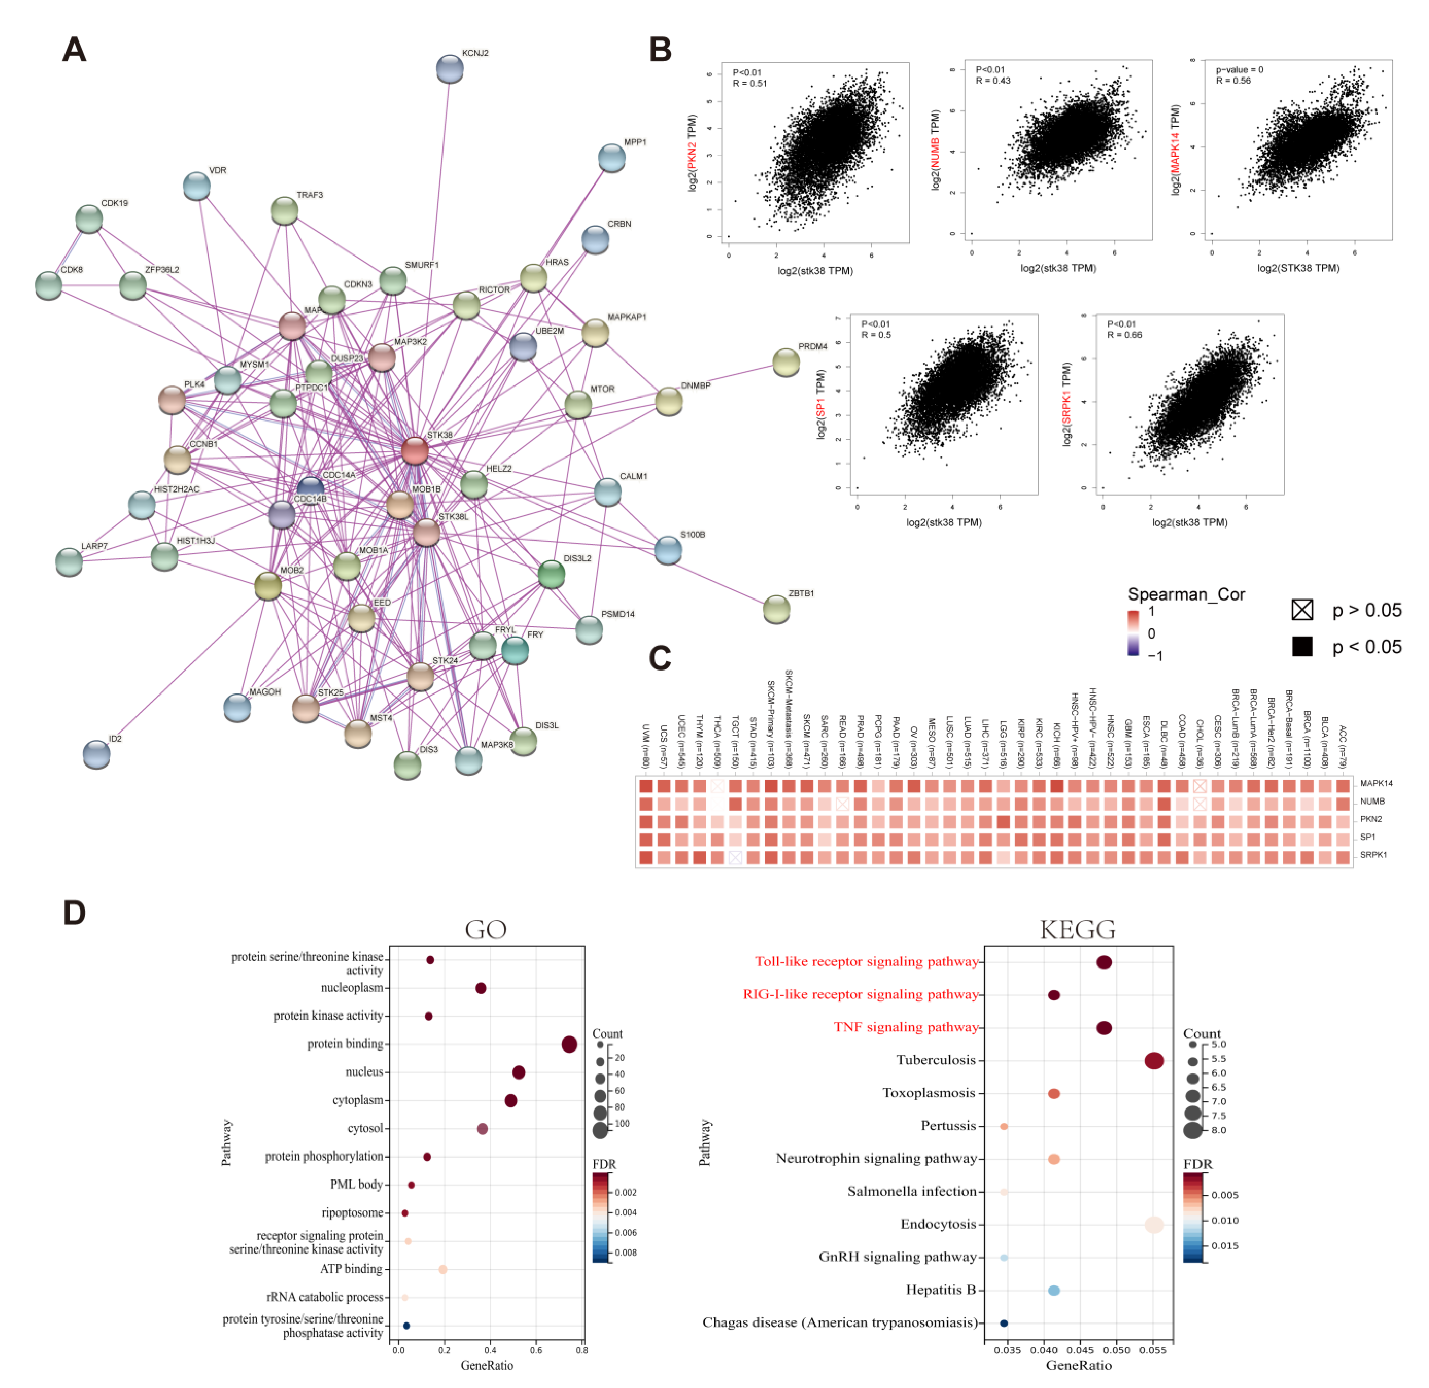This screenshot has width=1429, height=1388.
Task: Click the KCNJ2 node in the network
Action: click(450, 69)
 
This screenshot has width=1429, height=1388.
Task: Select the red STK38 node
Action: click(415, 451)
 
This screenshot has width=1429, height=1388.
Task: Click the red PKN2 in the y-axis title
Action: click(692, 155)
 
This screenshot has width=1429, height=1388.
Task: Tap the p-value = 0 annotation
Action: click(1239, 70)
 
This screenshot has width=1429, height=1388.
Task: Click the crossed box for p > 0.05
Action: click(1302, 609)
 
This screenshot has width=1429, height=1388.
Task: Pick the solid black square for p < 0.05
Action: click(1302, 646)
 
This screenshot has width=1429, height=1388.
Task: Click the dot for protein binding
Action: click(569, 1044)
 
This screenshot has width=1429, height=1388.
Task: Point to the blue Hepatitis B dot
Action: click(1053, 1290)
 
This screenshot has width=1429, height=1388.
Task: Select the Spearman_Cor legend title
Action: click(1186, 594)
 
